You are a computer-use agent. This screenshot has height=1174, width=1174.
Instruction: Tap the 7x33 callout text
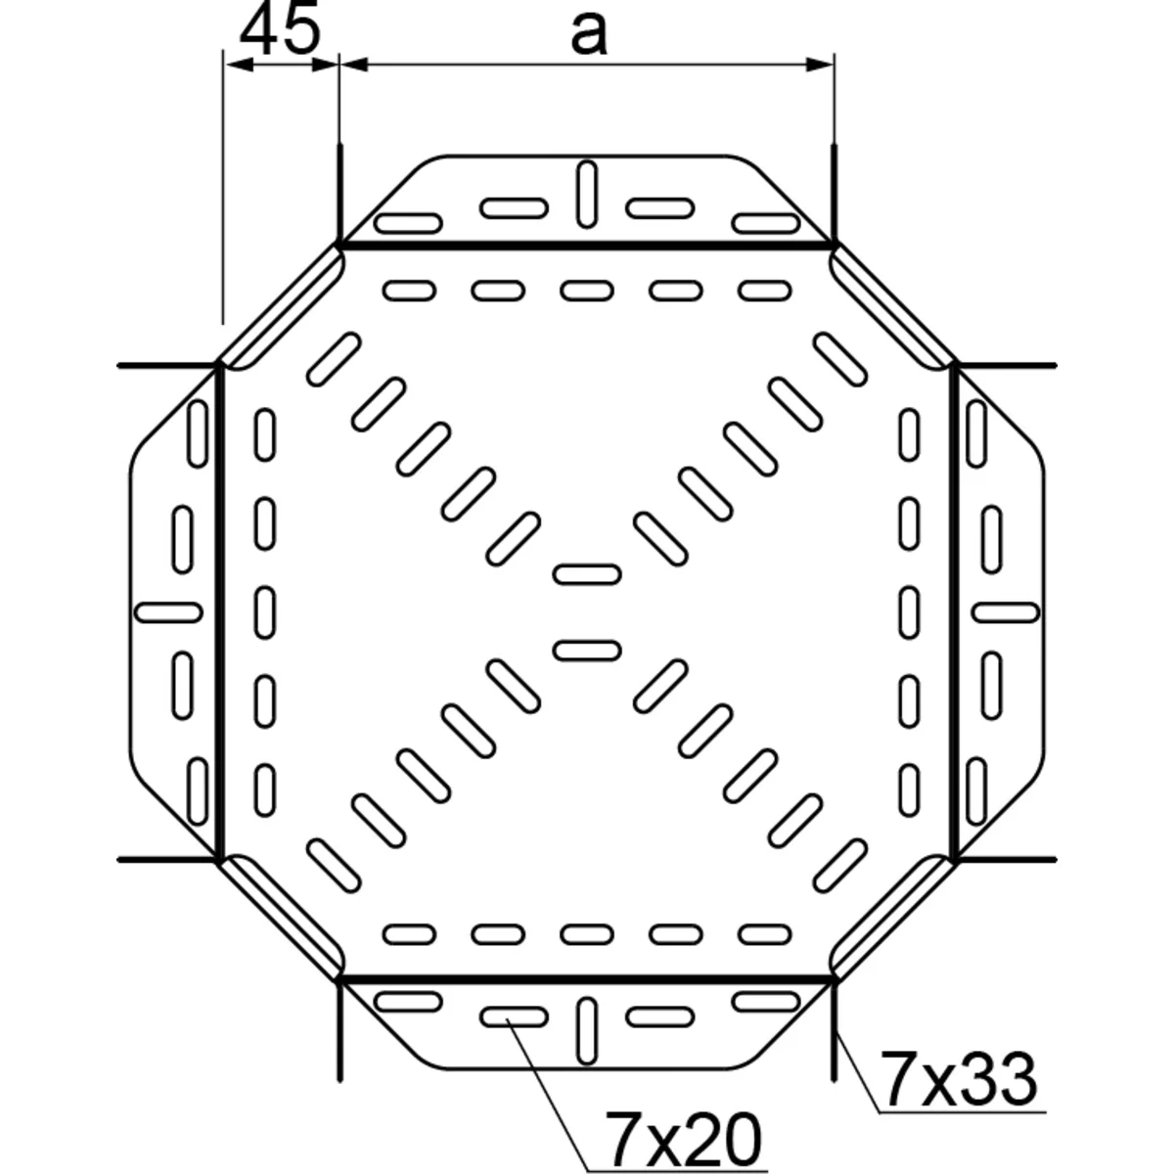(x=958, y=1078)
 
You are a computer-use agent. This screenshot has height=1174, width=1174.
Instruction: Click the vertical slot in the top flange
(x=586, y=194)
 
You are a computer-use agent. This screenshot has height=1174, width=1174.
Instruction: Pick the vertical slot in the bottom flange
(x=586, y=1031)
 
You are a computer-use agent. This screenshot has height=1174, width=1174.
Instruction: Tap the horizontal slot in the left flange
(x=167, y=612)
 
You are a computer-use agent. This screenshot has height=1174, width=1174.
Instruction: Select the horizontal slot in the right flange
(x=1006, y=611)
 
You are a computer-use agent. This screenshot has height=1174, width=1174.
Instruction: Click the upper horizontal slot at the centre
(x=586, y=573)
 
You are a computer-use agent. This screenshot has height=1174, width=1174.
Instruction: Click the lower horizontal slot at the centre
(x=586, y=650)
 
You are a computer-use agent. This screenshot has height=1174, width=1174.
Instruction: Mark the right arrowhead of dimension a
(x=822, y=65)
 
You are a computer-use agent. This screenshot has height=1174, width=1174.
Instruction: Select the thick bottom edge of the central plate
(x=586, y=977)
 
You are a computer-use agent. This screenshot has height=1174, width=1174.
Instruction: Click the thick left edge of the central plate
(x=218, y=612)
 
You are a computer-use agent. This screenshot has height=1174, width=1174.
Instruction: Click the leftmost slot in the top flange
(x=409, y=223)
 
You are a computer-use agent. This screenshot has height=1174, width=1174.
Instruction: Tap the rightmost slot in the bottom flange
(x=764, y=1001)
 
